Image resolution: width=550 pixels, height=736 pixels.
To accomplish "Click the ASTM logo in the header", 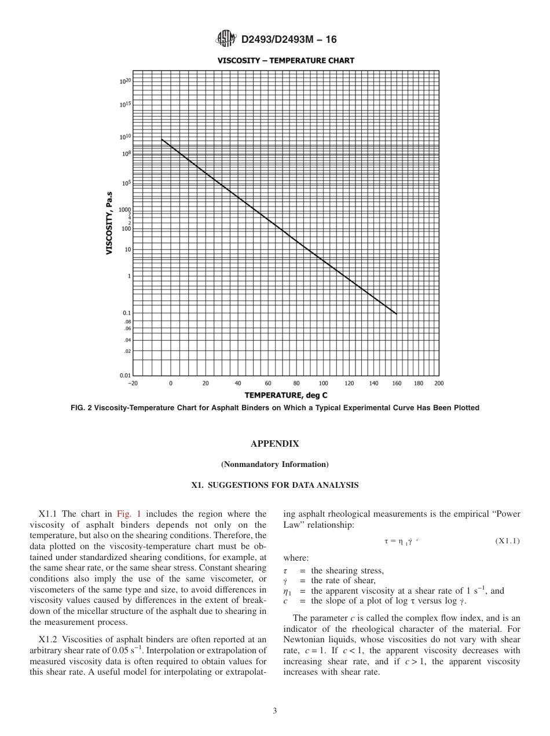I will pyautogui.click(x=225, y=39).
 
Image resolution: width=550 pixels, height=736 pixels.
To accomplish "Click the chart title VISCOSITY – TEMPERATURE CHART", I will pyautogui.click(x=286, y=60).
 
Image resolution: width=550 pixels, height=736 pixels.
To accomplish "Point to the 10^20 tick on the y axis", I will pyautogui.click(x=126, y=81).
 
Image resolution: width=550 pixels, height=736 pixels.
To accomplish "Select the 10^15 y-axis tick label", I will pyautogui.click(x=126, y=105).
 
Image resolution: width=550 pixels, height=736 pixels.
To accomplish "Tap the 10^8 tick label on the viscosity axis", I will pyautogui.click(x=127, y=154).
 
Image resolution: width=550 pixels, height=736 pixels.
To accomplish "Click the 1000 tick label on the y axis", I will pyautogui.click(x=125, y=209).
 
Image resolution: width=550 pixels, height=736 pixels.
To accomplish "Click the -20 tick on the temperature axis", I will pyautogui.click(x=133, y=384).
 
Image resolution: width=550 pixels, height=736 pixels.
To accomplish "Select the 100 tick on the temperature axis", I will pyautogui.click(x=323, y=384).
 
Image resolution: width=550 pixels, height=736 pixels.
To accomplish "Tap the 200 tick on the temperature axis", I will pyautogui.click(x=438, y=384).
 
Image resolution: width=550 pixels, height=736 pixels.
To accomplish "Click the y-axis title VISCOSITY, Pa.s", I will pyautogui.click(x=109, y=223).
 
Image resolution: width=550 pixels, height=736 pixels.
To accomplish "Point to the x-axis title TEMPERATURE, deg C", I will pyautogui.click(x=286, y=395).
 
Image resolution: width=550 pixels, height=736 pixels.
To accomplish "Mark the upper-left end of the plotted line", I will pyautogui.click(x=162, y=139).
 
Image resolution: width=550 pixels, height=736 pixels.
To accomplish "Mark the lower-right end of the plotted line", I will pyautogui.click(x=397, y=314).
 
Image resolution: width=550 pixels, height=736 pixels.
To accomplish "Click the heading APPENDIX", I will pyautogui.click(x=274, y=444).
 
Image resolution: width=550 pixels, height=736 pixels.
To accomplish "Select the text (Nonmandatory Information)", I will pyautogui.click(x=274, y=464).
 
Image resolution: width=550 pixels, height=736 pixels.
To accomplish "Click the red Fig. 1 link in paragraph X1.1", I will pyautogui.click(x=126, y=514).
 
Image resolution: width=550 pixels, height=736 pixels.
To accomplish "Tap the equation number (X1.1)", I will pyautogui.click(x=507, y=541).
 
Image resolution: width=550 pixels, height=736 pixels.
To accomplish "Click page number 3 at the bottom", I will pyautogui.click(x=274, y=711).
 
